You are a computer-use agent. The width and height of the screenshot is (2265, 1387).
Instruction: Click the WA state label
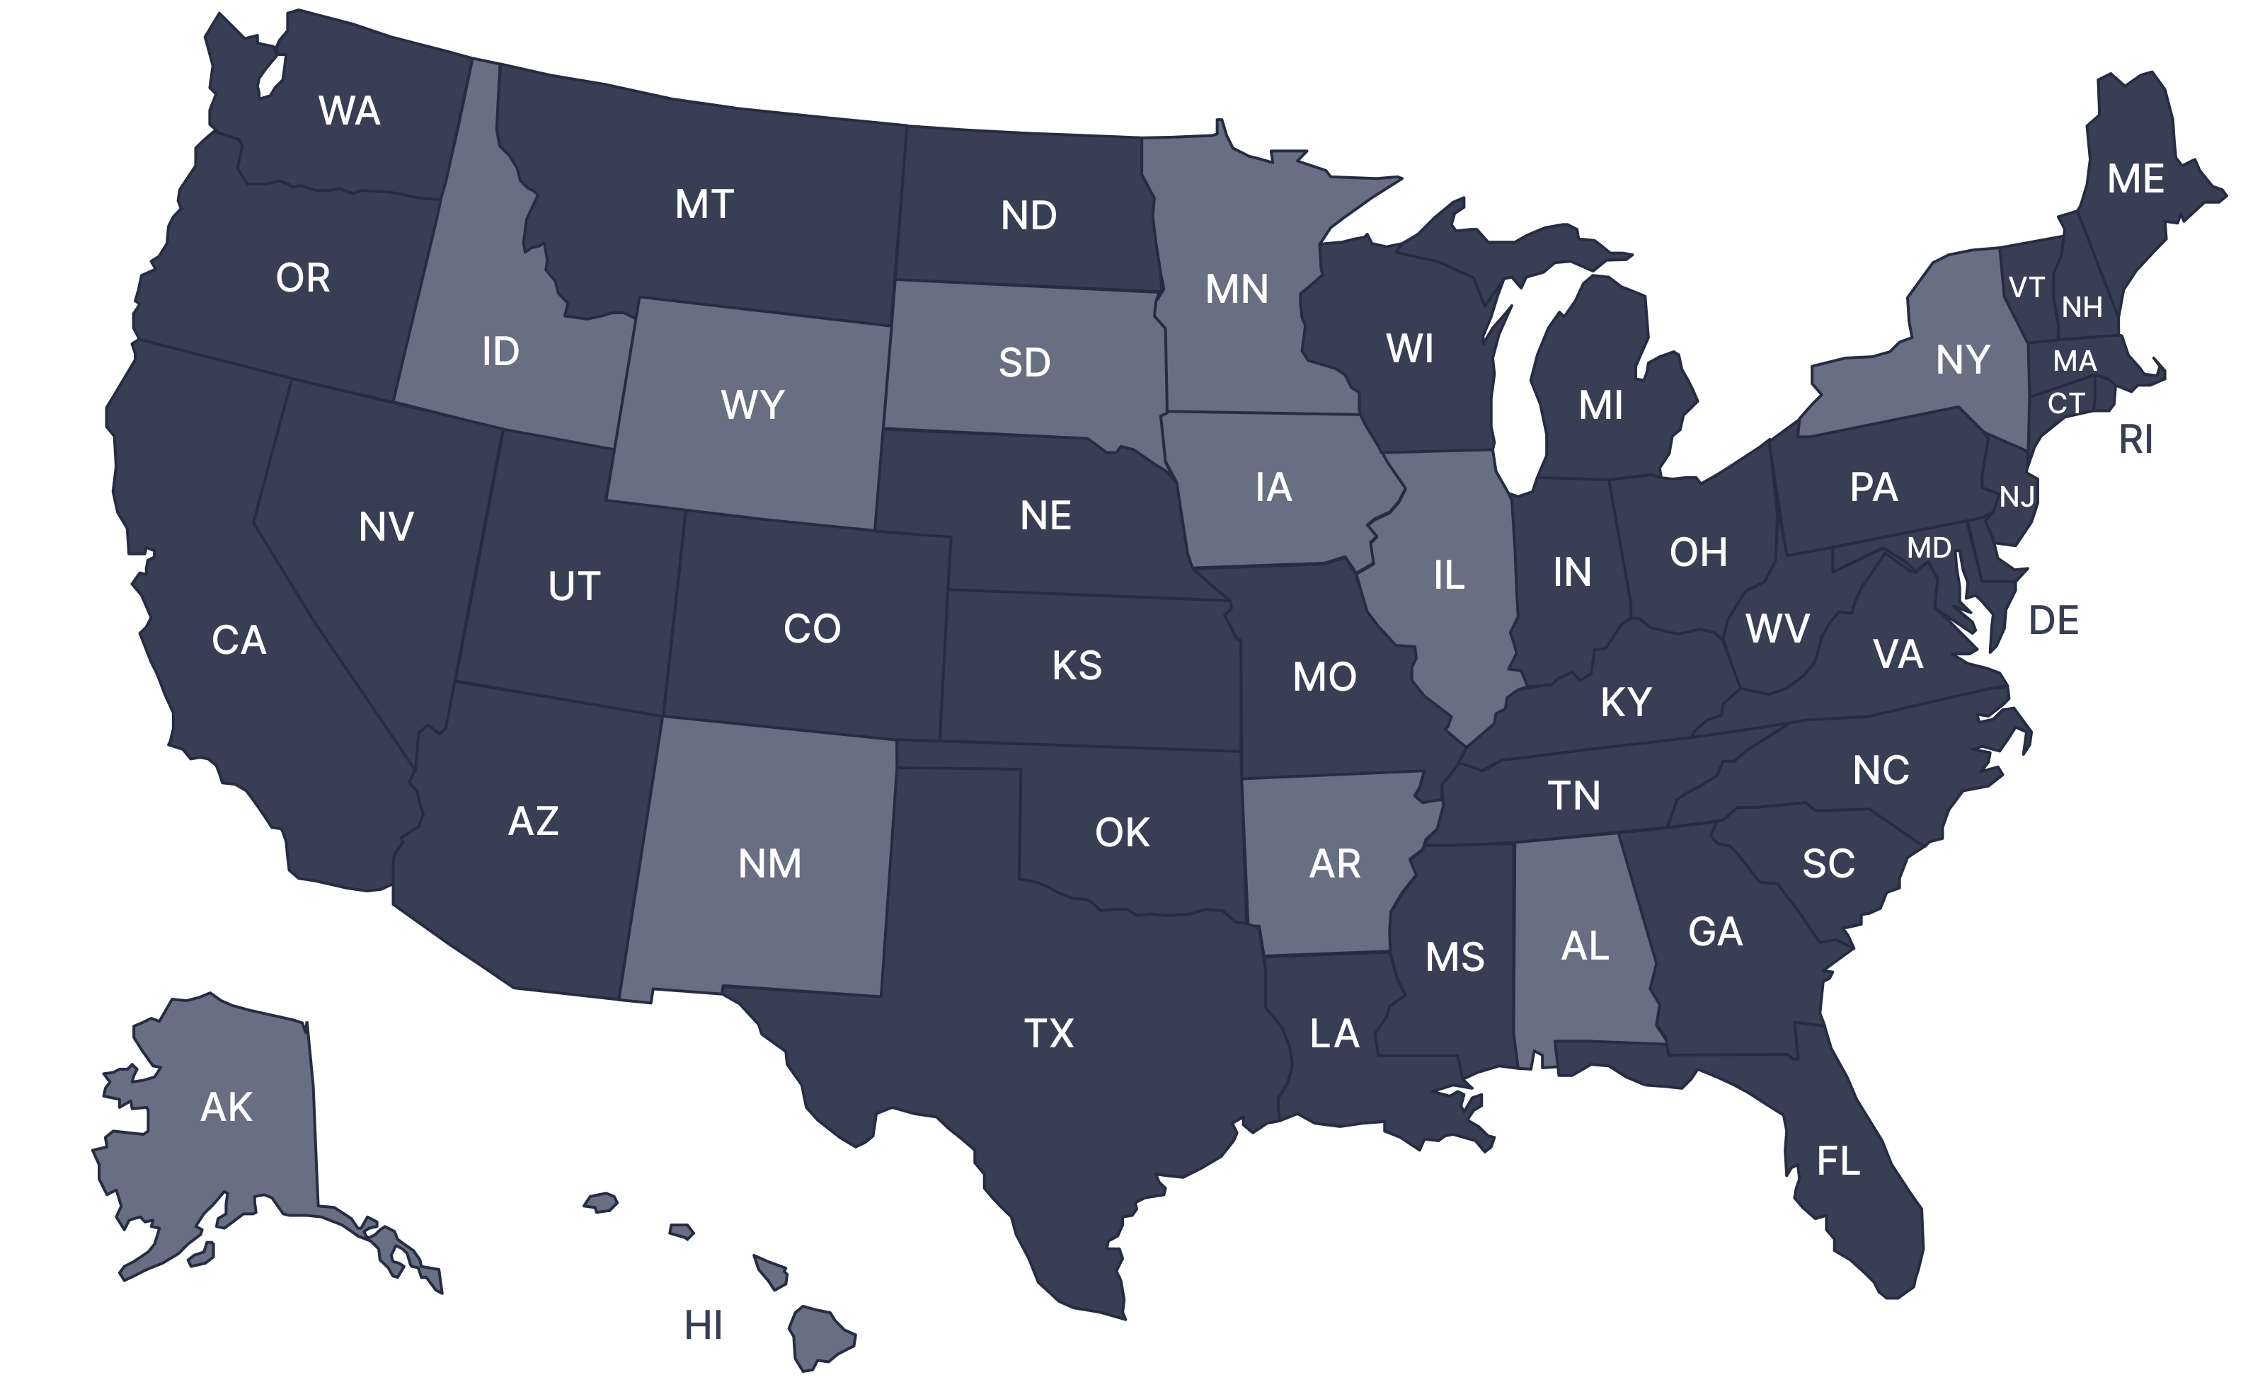click(x=350, y=111)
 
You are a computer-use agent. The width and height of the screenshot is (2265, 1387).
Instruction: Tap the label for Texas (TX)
click(x=1049, y=1033)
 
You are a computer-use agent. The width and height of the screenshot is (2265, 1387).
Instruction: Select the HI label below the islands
click(x=704, y=1325)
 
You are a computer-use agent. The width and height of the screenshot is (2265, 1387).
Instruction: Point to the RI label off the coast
click(x=2135, y=440)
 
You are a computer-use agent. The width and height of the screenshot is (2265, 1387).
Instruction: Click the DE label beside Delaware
click(x=2053, y=621)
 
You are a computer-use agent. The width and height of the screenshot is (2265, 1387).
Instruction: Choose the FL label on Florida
click(x=1838, y=1161)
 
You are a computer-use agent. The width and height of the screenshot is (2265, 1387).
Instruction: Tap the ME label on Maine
click(x=2135, y=179)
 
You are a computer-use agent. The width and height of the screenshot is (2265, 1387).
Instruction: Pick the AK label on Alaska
click(x=226, y=1107)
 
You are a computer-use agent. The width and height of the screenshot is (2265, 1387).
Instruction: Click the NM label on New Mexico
click(x=769, y=864)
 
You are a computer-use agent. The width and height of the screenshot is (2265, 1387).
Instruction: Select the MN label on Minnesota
click(x=1237, y=289)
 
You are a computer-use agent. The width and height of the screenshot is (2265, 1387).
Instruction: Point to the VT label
click(x=2026, y=288)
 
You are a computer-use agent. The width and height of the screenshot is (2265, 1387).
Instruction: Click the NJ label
click(x=2017, y=497)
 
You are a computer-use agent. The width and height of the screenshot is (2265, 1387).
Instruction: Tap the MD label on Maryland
click(x=1929, y=548)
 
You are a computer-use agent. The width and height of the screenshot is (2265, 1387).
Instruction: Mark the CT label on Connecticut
click(x=2065, y=403)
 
